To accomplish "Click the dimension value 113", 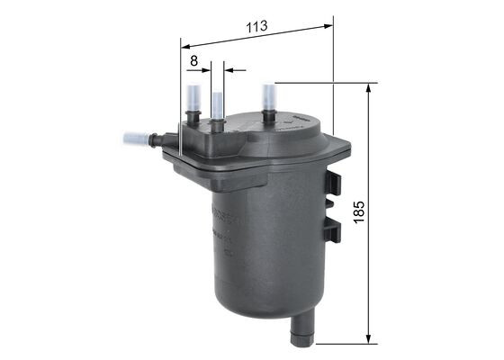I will point(257,27).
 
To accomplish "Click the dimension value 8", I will point(193,61).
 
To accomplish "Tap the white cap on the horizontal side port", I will point(134,139).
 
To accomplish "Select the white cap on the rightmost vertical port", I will point(268,96).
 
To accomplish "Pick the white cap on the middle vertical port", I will point(217,103).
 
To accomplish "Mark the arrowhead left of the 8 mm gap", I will point(205,67).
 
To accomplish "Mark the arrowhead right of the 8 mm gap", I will point(229,67).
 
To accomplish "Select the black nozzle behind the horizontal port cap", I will point(155,139).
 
